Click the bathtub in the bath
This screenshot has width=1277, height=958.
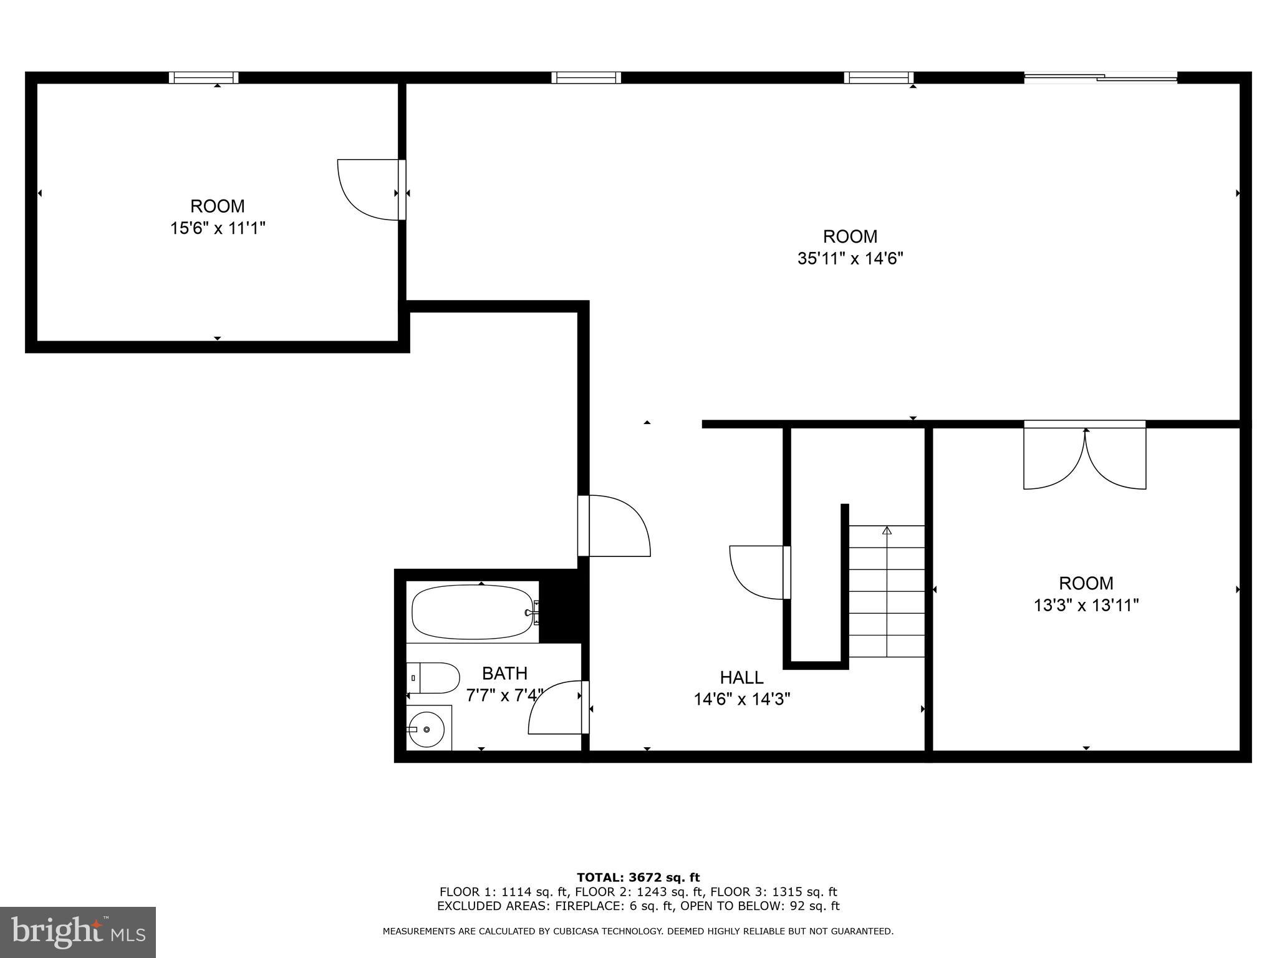[x=472, y=612]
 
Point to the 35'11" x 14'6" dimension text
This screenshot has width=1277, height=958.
[x=850, y=258]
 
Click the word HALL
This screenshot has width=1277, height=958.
[x=741, y=677]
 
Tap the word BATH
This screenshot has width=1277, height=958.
[x=504, y=674]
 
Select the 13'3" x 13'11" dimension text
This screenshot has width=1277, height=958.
[x=1086, y=605]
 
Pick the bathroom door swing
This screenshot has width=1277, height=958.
[x=555, y=709]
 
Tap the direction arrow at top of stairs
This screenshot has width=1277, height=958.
[x=887, y=531]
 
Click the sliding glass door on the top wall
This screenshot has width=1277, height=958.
[x=1101, y=78]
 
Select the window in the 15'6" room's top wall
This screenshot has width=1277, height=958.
[x=203, y=78]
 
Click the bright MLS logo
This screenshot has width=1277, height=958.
[x=77, y=932]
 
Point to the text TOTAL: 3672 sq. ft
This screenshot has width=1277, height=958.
[x=638, y=878]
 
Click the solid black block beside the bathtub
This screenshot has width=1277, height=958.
[x=560, y=611]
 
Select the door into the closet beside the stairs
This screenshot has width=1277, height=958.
[x=758, y=573]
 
